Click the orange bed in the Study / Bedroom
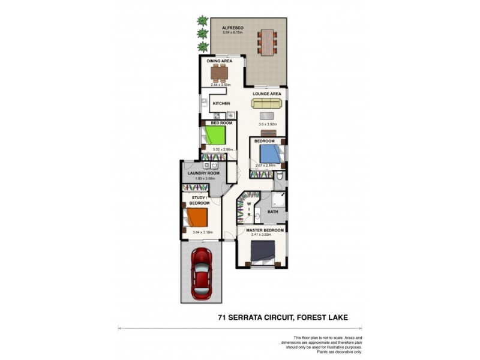[x=196, y=217]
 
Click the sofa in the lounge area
[x=266, y=103]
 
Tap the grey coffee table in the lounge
[x=268, y=116]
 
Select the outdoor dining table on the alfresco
[x=267, y=41]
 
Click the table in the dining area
[x=220, y=73]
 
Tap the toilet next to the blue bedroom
[x=279, y=176]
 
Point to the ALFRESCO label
[x=232, y=28]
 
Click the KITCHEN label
[x=221, y=104]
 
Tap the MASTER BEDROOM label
[x=265, y=230]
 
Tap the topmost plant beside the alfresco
[x=203, y=21]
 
